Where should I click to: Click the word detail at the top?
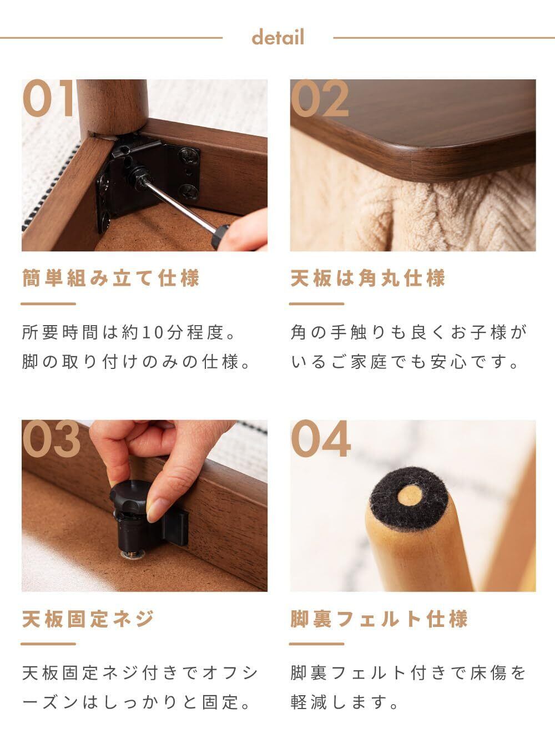pos(277,37)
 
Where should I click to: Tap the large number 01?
pos(48,98)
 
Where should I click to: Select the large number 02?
pos(320,98)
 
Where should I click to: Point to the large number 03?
pos(52,439)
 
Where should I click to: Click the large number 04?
pos(321,439)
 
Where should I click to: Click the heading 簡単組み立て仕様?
pos(111,278)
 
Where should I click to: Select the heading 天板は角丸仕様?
pos(368,278)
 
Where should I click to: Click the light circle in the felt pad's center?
pos(410,496)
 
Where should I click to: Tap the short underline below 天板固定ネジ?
pos(48,644)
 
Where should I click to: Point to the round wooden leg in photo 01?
pos(113,108)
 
